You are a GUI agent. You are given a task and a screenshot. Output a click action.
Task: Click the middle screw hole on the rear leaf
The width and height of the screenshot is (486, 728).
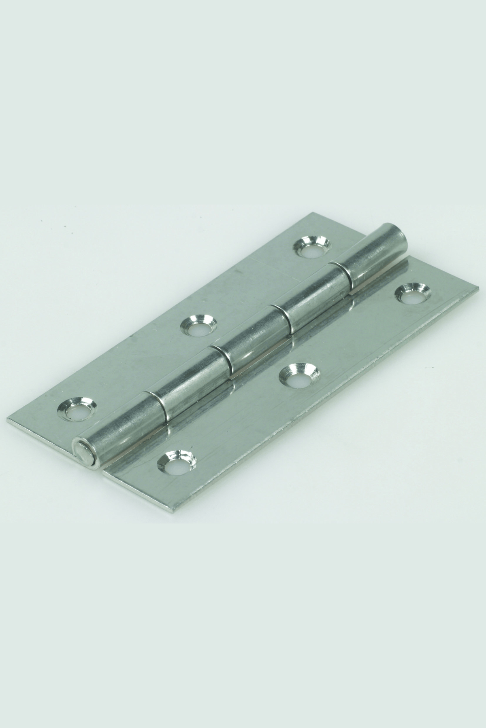tap(198, 324)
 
